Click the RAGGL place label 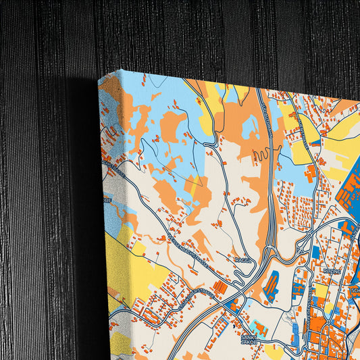tap(242, 259)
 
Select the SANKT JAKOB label tap(250, 338)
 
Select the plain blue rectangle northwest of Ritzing tap(315, 252)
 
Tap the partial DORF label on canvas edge tap(107, 199)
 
